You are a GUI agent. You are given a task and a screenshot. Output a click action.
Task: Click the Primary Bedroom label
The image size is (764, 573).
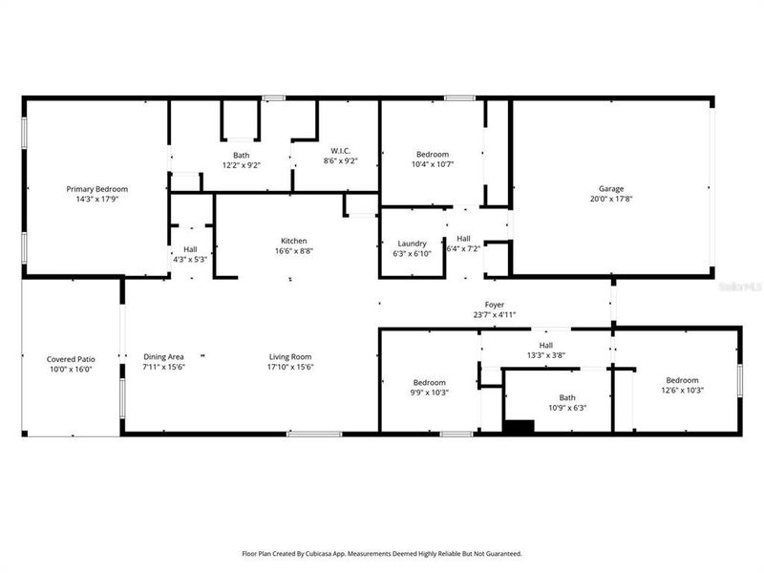[96, 189]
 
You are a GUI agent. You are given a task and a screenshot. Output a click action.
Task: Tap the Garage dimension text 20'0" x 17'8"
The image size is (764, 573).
[610, 200]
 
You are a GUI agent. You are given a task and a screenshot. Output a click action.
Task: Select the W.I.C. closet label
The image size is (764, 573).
[340, 151]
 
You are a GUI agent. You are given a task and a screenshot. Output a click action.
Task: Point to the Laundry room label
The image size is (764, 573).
[413, 244]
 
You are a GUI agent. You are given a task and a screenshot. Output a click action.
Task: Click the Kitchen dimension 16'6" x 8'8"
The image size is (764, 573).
[293, 251]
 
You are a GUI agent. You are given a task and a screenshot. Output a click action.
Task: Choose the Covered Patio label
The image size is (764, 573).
[70, 359]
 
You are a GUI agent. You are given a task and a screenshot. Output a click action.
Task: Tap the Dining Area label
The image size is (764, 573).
[163, 356]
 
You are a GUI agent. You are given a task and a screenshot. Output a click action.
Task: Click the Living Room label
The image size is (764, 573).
[290, 356]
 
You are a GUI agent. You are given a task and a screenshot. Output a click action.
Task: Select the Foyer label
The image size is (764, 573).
[494, 304]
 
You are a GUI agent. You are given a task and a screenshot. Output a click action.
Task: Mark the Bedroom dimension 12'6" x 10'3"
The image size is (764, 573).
[682, 391]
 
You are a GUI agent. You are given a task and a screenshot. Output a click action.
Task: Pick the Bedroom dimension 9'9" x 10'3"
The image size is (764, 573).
[429, 392]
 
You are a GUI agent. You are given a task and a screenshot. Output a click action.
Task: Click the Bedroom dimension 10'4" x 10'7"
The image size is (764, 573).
[432, 164]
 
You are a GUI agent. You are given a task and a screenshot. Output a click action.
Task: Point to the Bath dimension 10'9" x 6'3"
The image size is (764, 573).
[566, 408]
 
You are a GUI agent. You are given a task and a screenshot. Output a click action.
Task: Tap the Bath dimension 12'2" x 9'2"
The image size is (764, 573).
[241, 164]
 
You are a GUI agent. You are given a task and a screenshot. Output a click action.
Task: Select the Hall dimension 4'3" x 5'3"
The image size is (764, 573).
[190, 259]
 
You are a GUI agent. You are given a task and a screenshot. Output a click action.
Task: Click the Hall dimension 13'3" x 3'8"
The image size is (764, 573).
[545, 355]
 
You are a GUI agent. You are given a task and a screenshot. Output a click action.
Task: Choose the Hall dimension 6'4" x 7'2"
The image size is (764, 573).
[464, 249]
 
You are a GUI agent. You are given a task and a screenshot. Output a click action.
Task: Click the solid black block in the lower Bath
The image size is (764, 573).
[519, 428]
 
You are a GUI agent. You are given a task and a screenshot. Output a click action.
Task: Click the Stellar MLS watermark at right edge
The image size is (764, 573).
[744, 285]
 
